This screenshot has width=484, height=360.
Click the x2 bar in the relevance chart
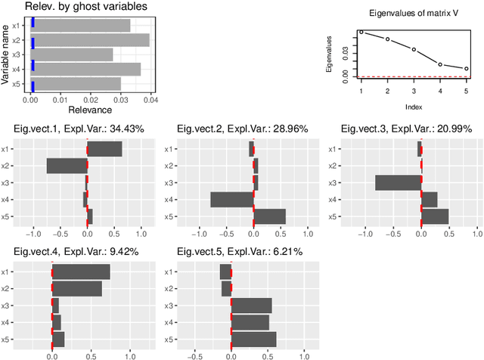click(90, 39)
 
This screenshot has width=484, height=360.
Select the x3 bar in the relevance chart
click(72, 54)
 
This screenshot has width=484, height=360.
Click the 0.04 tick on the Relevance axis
click(150, 100)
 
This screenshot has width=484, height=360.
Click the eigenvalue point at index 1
click(361, 32)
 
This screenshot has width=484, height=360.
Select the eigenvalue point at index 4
click(440, 64)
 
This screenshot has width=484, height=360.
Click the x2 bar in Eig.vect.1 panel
click(67, 166)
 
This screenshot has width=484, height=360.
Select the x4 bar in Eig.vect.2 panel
click(231, 199)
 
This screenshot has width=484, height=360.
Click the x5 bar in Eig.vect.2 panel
click(269, 216)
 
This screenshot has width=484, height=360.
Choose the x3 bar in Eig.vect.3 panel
click(398, 182)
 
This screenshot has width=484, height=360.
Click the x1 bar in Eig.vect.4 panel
click(81, 272)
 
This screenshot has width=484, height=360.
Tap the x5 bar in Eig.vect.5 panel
click(253, 338)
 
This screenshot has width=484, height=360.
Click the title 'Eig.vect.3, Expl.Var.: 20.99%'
click(405, 129)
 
